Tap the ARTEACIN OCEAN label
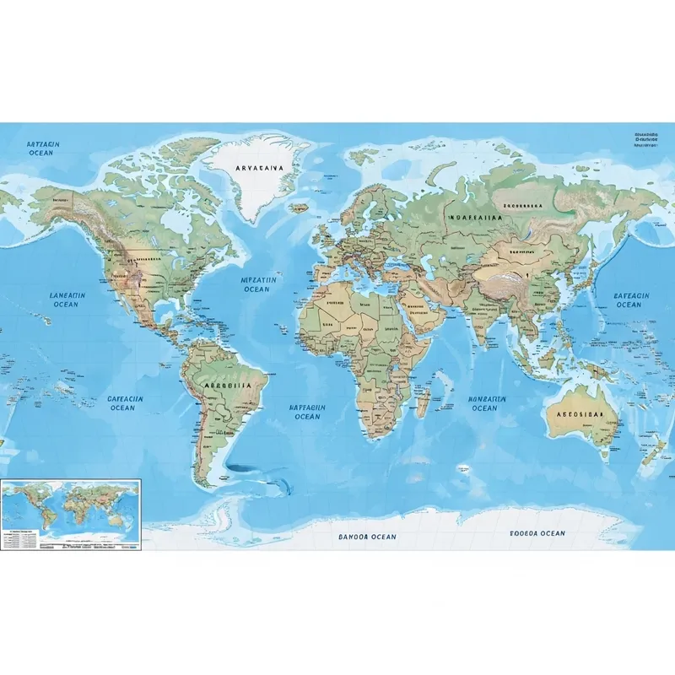coord(40,149)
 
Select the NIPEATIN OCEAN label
coord(256,284)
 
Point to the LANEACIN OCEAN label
coord(67,300)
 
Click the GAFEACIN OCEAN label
coord(123,403)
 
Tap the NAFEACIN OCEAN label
coord(307,412)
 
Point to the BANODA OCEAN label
coord(367,537)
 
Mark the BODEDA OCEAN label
coord(537,533)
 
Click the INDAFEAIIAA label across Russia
coord(478,218)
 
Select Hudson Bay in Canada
coord(173,222)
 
